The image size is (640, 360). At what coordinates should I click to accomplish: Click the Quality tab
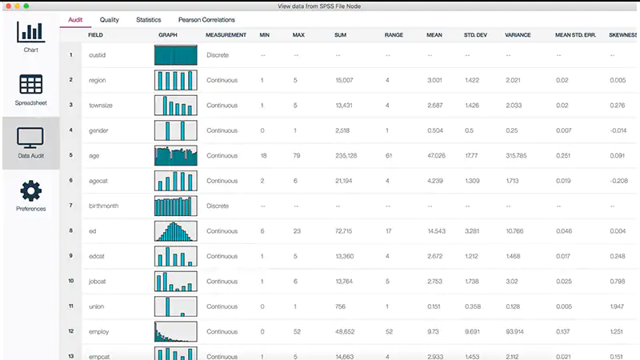(x=110, y=19)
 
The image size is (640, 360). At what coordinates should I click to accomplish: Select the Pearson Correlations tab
(x=206, y=19)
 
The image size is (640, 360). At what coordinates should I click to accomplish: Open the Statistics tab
(x=149, y=19)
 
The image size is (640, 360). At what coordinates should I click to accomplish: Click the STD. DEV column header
(x=476, y=35)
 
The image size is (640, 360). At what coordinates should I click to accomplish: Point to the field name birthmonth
(x=103, y=206)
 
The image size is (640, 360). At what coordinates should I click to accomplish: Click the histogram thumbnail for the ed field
(x=175, y=231)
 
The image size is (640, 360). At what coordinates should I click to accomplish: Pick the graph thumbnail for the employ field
(x=175, y=331)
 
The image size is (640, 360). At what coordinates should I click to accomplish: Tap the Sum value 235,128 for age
(x=346, y=155)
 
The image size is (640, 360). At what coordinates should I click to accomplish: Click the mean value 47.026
(x=435, y=155)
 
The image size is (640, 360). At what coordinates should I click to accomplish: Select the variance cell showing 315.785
(x=516, y=155)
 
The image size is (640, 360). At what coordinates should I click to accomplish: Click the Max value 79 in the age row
(x=298, y=155)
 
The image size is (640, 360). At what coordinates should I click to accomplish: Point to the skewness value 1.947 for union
(x=617, y=306)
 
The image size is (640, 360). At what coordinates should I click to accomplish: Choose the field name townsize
(x=102, y=105)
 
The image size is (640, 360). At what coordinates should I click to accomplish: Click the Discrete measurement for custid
(x=218, y=55)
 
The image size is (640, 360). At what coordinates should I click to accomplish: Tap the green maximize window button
(x=27, y=5)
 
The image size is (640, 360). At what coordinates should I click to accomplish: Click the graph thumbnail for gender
(x=175, y=130)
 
